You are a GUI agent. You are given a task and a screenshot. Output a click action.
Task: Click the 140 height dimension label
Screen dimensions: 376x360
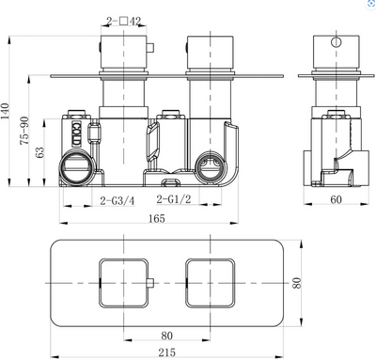click(x=6, y=111)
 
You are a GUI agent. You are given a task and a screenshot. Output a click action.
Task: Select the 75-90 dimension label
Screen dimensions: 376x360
click(x=24, y=131)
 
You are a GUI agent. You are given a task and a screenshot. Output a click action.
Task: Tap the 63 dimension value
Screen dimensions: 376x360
click(x=40, y=152)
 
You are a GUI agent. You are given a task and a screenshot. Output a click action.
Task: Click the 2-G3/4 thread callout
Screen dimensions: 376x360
click(x=117, y=200)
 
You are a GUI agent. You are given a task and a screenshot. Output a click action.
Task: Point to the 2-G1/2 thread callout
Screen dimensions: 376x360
click(x=174, y=198)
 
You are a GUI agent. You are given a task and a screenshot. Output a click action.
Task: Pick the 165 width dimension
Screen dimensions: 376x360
click(x=156, y=218)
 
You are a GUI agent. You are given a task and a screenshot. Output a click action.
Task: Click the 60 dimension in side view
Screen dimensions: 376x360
click(x=336, y=199)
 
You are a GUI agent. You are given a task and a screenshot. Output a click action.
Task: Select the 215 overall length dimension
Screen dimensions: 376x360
click(x=166, y=352)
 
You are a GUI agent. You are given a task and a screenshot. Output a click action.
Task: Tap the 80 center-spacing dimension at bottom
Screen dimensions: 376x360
click(x=166, y=336)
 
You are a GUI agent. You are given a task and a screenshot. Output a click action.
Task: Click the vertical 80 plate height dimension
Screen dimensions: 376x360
click(x=297, y=283)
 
